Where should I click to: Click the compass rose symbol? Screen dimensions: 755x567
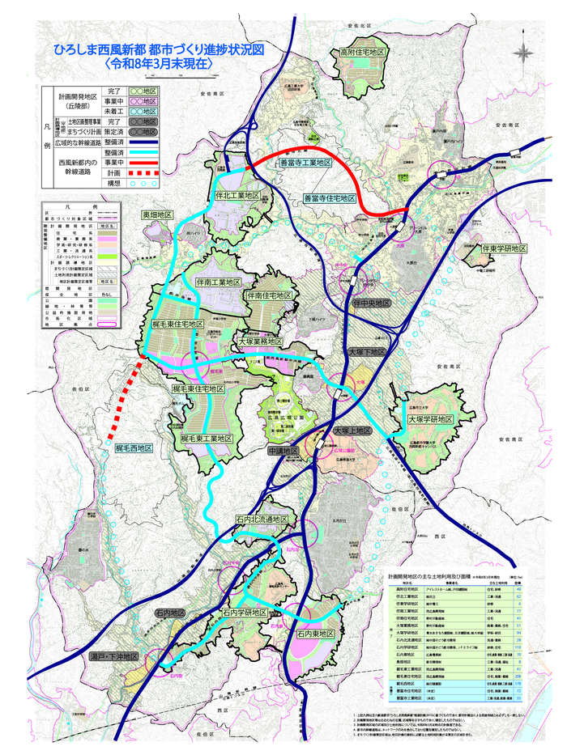point(524,53)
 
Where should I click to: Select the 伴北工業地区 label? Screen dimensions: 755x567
point(238,196)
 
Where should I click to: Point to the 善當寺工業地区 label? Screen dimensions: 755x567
point(305,163)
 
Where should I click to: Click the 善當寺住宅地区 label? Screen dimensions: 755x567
point(330,197)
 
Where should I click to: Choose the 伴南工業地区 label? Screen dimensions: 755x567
point(219,282)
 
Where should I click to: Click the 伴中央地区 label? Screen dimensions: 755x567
point(372,303)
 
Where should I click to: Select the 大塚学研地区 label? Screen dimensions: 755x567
point(429,420)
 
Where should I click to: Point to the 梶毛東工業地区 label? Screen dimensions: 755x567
point(207,438)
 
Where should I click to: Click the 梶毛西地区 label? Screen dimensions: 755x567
point(134,447)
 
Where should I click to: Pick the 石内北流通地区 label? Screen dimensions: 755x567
point(262,519)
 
